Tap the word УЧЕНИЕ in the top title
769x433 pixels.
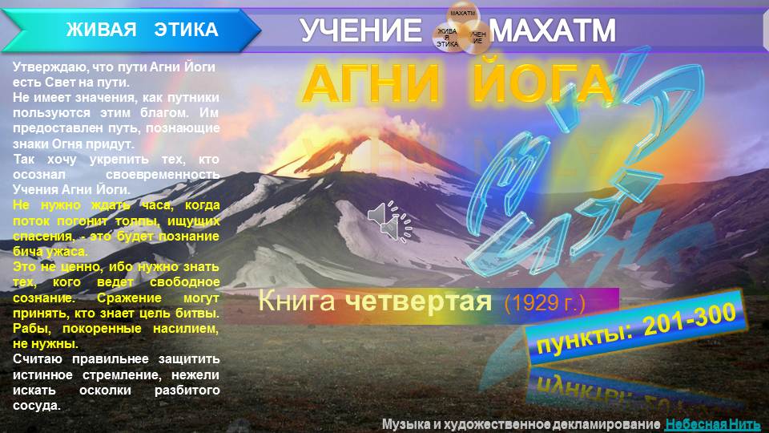360,31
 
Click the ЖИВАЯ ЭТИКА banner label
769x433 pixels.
142,30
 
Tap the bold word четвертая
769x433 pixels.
418,302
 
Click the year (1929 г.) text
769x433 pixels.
546,304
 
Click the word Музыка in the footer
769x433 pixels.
409,424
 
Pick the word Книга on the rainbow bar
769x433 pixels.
296,302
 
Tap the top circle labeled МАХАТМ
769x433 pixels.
462,14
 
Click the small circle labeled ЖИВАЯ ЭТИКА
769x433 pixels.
447,38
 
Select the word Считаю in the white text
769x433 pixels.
37,358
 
